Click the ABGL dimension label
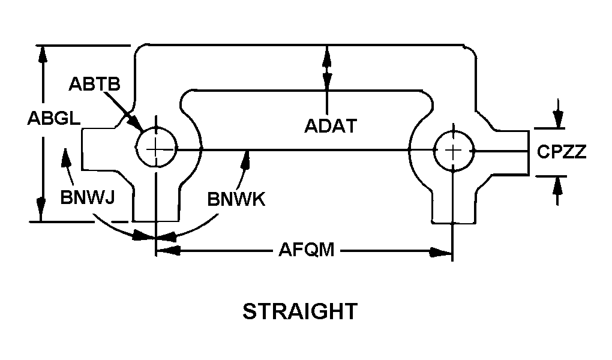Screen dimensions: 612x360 point(54,118)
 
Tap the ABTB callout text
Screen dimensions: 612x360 point(94,83)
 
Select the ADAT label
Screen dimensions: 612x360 point(331,126)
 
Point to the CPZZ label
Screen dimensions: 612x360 point(562,152)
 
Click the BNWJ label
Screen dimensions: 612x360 point(88,197)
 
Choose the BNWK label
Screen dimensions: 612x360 point(236,199)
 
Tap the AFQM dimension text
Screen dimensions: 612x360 point(307,249)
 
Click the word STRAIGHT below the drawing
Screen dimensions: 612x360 point(300,311)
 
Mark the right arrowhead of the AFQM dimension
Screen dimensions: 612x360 point(441,252)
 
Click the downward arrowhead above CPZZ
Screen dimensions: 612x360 point(559,117)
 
